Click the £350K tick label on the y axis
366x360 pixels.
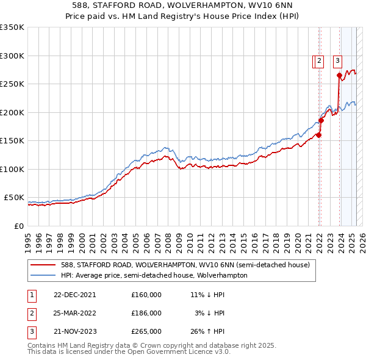tap(12, 27)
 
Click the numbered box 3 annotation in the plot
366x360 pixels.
tap(337, 60)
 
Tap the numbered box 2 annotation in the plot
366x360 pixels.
tap(319, 60)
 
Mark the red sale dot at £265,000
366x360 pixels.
tap(339, 76)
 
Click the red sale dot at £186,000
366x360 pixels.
tap(321, 120)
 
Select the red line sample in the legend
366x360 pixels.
tap(43, 265)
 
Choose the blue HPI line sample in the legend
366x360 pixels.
tap(43, 275)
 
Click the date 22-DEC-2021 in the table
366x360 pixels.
tap(74, 294)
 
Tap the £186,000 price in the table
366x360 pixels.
tap(146, 313)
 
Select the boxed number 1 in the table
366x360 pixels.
tap(30, 294)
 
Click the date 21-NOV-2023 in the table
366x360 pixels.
tap(74, 332)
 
